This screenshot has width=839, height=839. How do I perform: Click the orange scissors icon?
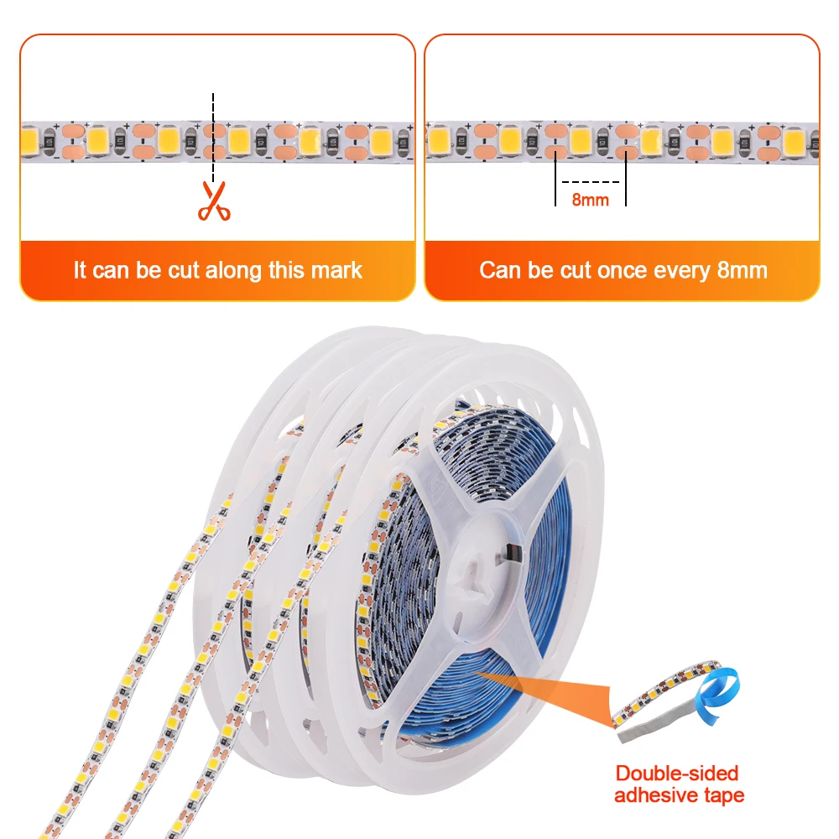pyautogui.click(x=214, y=201)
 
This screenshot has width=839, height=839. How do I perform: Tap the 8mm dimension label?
pyautogui.click(x=591, y=200)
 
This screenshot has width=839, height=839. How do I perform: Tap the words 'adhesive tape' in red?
pyautogui.click(x=679, y=795)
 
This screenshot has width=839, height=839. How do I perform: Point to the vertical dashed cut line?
pyautogui.click(x=213, y=134)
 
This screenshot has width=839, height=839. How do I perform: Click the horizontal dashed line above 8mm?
pyautogui.click(x=591, y=181)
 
